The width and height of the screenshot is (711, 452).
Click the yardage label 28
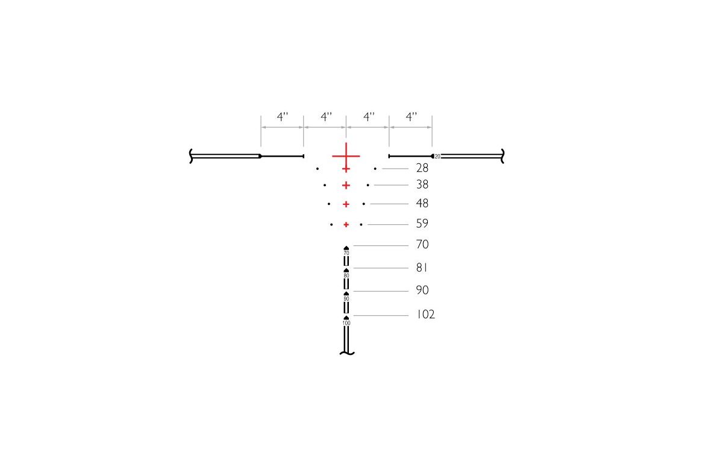point(422,168)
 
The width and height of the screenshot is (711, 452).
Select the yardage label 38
point(422,184)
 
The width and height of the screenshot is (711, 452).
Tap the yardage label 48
point(422,204)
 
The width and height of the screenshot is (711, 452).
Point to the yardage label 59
point(422,224)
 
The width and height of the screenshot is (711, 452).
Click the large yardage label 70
point(422,244)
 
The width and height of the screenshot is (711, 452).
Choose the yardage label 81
point(422,268)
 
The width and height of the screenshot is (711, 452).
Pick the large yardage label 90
point(422,290)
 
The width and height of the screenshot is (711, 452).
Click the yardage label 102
point(425,315)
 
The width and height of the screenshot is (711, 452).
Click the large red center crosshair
point(346,156)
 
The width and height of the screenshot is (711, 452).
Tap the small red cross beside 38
point(346,185)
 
